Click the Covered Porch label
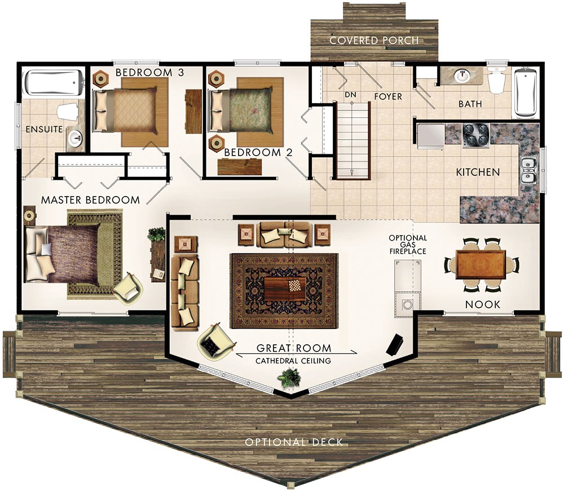[x=374, y=41]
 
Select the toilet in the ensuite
[x=67, y=112]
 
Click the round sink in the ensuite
[x=74, y=136]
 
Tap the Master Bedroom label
[x=90, y=200]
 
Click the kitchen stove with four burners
[x=475, y=135]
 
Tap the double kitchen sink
[x=528, y=171]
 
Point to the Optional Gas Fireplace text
[x=407, y=245]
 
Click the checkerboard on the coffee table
[x=295, y=285]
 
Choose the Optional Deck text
[x=293, y=442]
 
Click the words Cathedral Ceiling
[x=293, y=361]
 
